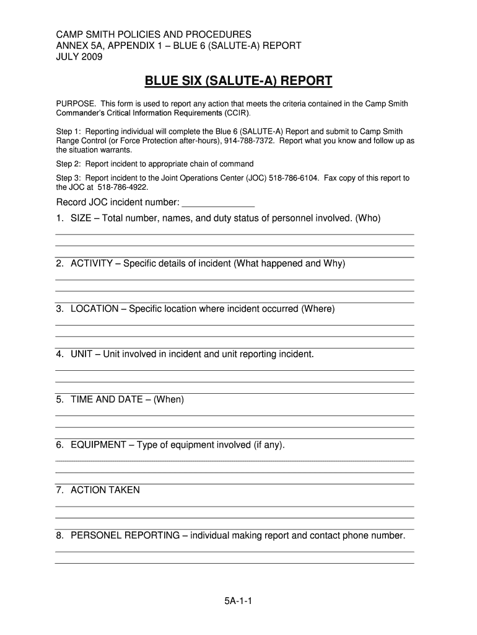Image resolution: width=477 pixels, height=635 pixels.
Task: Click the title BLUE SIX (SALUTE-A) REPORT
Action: [x=239, y=81]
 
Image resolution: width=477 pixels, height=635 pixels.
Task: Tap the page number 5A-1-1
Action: [x=238, y=601]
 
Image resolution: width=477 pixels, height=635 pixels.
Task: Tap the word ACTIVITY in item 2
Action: [x=92, y=264]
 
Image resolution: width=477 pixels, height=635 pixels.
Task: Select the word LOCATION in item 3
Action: [x=94, y=309]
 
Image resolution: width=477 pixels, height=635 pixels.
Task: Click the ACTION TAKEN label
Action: [x=105, y=490]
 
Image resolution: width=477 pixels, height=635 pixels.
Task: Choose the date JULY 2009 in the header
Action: [x=79, y=57]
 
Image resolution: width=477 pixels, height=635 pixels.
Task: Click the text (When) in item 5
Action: [x=169, y=399]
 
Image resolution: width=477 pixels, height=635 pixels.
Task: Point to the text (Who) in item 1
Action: [x=368, y=218]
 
